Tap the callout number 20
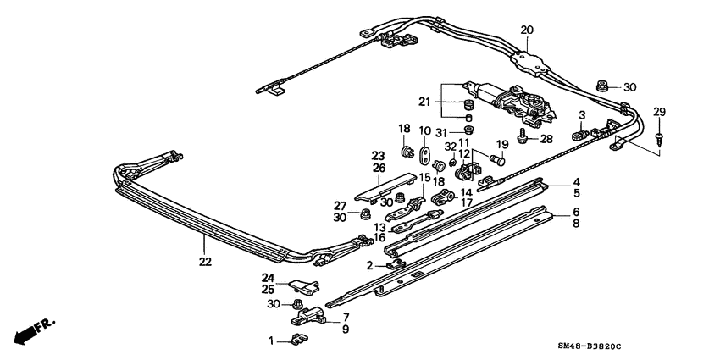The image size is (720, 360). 527,30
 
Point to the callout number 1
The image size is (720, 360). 273,341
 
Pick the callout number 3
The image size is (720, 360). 582,114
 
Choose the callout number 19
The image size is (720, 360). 501,145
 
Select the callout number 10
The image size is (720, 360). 425,130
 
